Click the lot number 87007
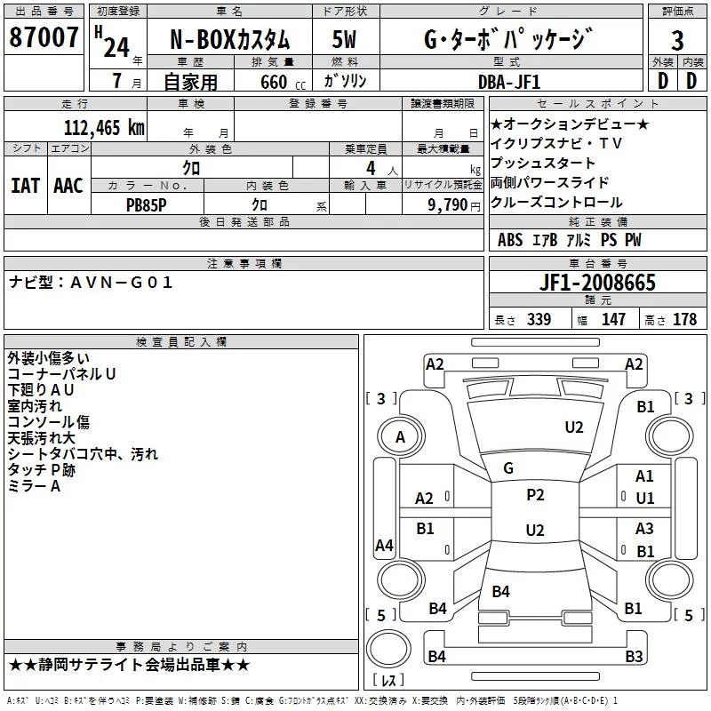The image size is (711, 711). [x=44, y=37]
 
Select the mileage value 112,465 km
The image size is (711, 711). [x=104, y=128]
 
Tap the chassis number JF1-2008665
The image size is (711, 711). [x=597, y=283]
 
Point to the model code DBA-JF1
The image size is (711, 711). [x=509, y=82]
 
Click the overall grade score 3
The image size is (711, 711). [x=677, y=41]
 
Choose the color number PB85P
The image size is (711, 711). [x=146, y=205]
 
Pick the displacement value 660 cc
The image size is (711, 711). [x=283, y=82]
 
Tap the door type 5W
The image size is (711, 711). [x=344, y=39]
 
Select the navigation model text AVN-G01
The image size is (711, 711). [x=122, y=283]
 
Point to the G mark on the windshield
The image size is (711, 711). [x=508, y=468]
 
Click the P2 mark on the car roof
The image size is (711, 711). [x=535, y=495]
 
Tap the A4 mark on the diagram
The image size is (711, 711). [x=384, y=545]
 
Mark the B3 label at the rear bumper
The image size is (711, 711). [x=634, y=656]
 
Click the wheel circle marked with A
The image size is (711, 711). [x=401, y=437]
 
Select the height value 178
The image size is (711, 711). [x=684, y=319]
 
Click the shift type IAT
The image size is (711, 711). [x=25, y=186]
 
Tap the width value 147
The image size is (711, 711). [x=613, y=319]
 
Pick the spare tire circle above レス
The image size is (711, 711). [x=388, y=648]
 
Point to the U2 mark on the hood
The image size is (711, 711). [x=574, y=427]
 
